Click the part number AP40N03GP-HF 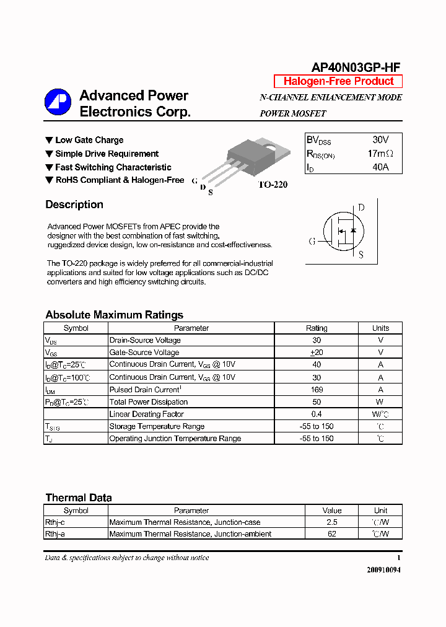pyautogui.click(x=356, y=68)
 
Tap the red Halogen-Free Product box pyautogui.click(x=338, y=81)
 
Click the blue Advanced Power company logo pyautogui.click(x=58, y=103)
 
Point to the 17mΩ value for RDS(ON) pyautogui.click(x=380, y=154)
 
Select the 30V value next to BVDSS pyautogui.click(x=380, y=140)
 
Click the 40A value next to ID pyautogui.click(x=380, y=167)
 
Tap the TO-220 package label pyautogui.click(x=273, y=185)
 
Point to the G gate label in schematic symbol pyautogui.click(x=312, y=241)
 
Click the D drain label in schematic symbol pyautogui.click(x=361, y=208)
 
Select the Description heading pyautogui.click(x=74, y=204)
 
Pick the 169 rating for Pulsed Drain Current pyautogui.click(x=317, y=390)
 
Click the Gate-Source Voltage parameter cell pyautogui.click(x=144, y=353)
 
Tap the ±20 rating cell pyautogui.click(x=317, y=353)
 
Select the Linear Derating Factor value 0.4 pyautogui.click(x=317, y=414)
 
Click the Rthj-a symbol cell pyautogui.click(x=55, y=533)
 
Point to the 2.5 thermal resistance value pyautogui.click(x=332, y=522)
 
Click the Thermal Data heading pyautogui.click(x=79, y=498)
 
